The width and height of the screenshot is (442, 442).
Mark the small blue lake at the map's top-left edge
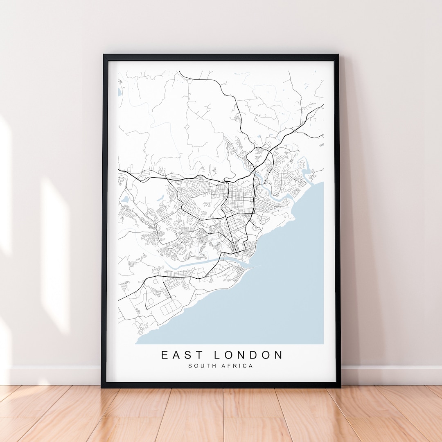120,92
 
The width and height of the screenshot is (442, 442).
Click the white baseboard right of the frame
389,375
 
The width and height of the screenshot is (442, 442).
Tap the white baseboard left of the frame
53,375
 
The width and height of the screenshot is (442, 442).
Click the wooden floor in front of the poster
221,413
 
